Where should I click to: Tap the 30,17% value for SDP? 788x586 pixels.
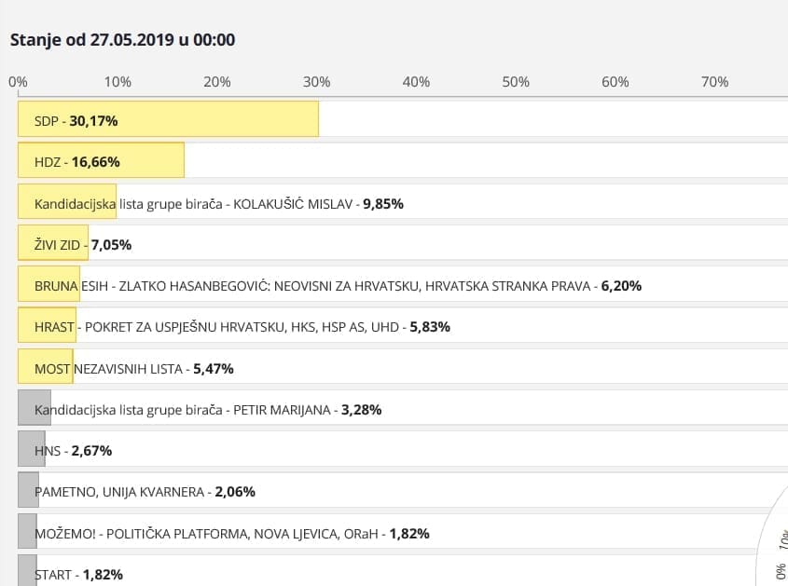(93, 121)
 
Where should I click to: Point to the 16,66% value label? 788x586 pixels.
(95, 162)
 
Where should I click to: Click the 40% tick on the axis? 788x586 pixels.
(416, 82)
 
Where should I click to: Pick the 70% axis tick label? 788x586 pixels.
(714, 82)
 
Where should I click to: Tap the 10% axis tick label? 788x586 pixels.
(118, 82)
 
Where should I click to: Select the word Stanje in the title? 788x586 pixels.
(35, 40)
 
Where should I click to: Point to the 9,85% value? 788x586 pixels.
(383, 203)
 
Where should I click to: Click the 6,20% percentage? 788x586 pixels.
(621, 286)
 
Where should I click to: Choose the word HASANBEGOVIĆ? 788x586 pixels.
(228, 286)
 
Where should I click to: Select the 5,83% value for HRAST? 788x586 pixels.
(430, 327)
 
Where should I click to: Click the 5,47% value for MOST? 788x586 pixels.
(214, 369)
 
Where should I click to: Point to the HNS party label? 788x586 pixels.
(47, 451)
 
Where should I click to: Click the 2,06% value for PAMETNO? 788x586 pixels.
(235, 492)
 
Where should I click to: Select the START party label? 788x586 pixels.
(53, 574)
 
